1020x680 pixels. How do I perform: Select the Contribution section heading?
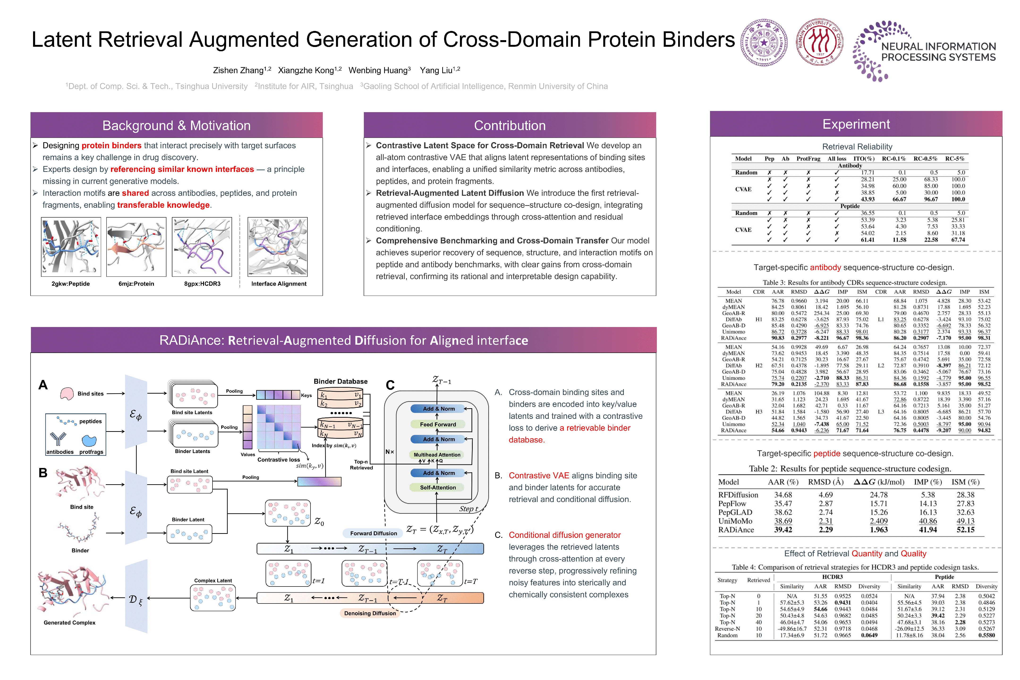pos(510,125)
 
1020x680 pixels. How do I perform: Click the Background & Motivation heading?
pos(177,125)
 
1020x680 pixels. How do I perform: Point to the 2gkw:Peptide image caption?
pos(71,284)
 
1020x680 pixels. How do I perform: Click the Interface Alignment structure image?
pos(278,247)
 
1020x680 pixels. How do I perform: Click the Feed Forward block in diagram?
pos(438,424)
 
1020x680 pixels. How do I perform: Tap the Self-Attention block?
pos(438,487)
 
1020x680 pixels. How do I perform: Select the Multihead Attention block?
pos(437,455)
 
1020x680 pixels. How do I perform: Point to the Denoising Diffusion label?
pos(370,613)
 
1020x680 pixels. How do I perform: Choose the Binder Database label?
pos(340,381)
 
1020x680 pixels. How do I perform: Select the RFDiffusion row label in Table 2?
pos(738,495)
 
